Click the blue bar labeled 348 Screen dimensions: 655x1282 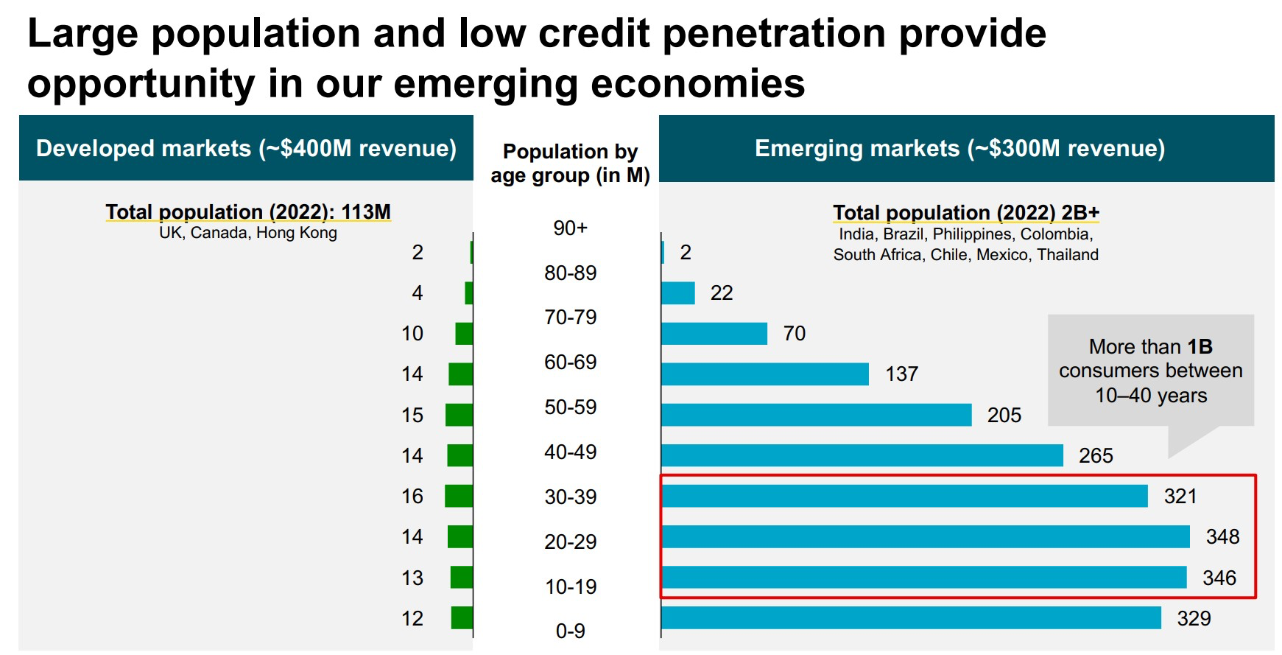point(925,536)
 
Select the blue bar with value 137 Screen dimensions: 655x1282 point(765,374)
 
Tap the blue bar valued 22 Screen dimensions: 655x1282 point(678,293)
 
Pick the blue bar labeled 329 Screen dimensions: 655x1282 point(911,617)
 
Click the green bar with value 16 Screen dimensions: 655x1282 point(459,496)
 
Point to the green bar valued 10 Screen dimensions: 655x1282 point(464,333)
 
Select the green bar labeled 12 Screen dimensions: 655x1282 point(462,617)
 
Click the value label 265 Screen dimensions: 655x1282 point(1096,455)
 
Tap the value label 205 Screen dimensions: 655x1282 point(1004,415)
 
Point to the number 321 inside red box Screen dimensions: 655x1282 point(1180,496)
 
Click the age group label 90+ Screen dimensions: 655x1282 point(570,228)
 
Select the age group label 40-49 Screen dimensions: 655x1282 point(570,452)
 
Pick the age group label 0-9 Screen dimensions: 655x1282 point(570,631)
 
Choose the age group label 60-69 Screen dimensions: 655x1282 point(570,362)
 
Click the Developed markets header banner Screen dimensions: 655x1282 point(246,148)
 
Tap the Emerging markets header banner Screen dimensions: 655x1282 point(959,148)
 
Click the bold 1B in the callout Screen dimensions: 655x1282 point(1200,346)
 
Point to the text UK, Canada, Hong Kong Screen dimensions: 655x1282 point(248,233)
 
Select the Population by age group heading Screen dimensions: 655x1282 point(570,163)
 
